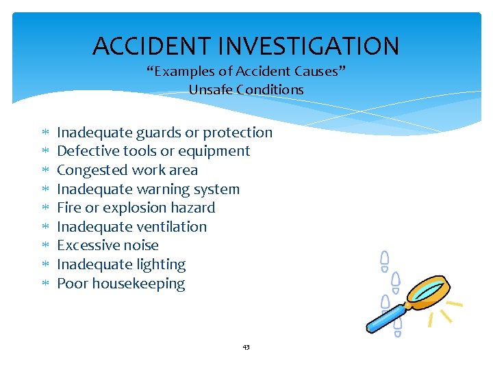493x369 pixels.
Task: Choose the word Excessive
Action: coord(86,245)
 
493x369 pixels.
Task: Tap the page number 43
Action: coord(246,347)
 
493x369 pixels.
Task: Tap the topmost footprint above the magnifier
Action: coord(385,258)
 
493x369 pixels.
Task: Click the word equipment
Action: coord(214,152)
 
